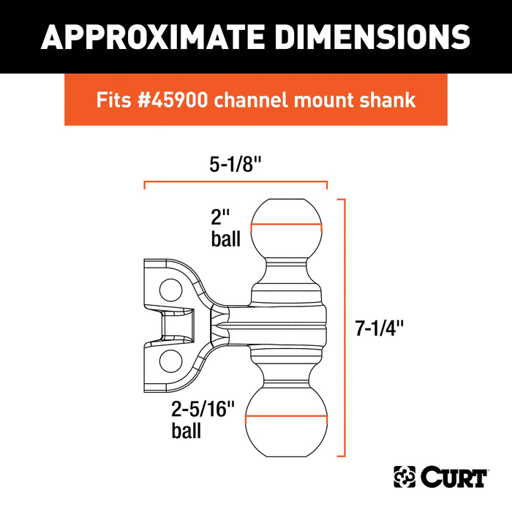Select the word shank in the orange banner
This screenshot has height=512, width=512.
point(391,100)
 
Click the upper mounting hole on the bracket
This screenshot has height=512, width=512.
point(168,286)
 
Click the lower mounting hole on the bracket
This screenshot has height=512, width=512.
point(169,359)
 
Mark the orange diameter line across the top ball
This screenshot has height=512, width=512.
point(286,227)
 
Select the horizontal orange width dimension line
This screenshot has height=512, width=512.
point(236,184)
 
